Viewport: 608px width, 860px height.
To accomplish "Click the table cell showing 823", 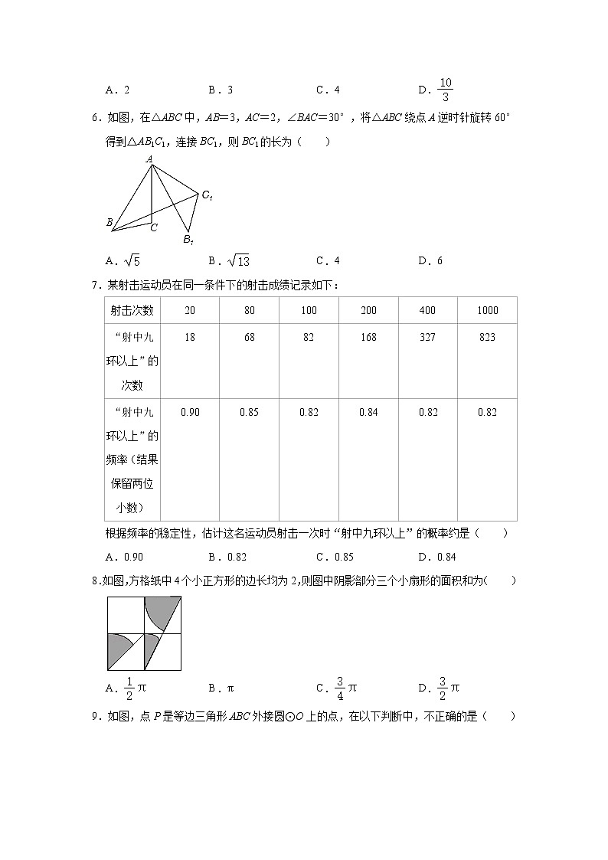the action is click(487, 337).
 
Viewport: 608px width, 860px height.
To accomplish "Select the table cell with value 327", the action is click(428, 337).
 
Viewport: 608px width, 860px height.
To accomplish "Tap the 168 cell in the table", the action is click(368, 337).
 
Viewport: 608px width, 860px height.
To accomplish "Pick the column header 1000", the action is click(487, 310).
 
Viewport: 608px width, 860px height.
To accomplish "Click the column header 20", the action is click(190, 310).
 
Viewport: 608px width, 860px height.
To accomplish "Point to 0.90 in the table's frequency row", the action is click(190, 412).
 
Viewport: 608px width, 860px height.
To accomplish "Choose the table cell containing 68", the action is click(249, 337).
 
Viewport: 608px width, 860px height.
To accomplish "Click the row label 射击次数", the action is click(132, 310).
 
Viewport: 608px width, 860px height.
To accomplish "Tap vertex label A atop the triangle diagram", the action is click(150, 159).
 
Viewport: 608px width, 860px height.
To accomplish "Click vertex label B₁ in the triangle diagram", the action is click(188, 240).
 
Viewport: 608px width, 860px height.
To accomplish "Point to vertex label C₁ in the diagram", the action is click(207, 196).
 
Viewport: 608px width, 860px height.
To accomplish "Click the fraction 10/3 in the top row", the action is click(446, 90).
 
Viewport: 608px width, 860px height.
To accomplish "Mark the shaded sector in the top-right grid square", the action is click(158, 610).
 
